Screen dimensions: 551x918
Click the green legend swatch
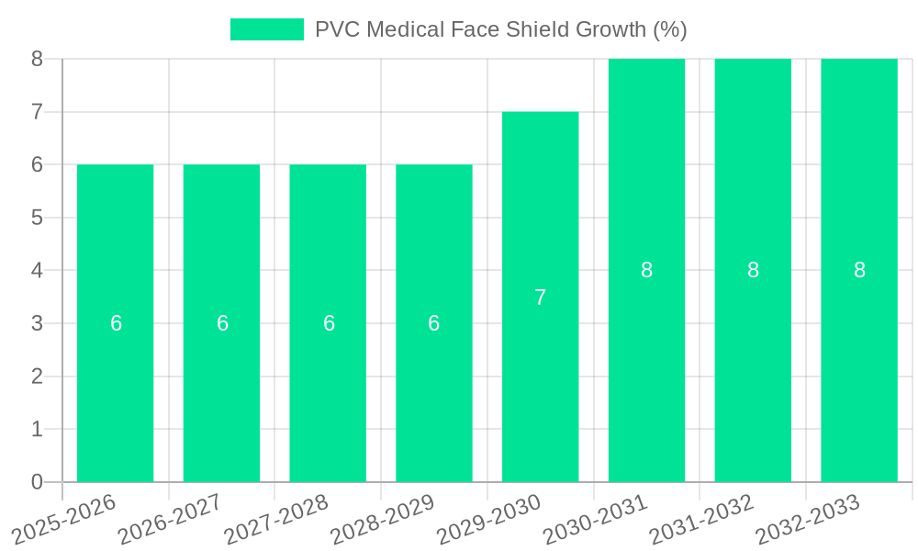[x=266, y=29]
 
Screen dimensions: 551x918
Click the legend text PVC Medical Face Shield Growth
[x=500, y=29]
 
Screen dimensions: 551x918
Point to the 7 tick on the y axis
[x=37, y=112]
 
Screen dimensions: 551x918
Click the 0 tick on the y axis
[x=37, y=482]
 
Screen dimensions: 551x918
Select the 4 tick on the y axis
[x=37, y=271]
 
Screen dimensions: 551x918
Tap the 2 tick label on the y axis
[x=37, y=377]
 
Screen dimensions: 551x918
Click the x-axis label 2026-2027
[x=170, y=519]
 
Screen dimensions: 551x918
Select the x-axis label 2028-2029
[x=382, y=519]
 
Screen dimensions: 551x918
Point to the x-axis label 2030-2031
[x=595, y=519]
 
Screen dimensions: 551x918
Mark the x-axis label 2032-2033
[x=808, y=519]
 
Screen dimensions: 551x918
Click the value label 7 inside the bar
[x=540, y=298]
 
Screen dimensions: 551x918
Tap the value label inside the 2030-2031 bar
[x=646, y=270]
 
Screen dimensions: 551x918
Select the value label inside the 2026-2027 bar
[x=222, y=323]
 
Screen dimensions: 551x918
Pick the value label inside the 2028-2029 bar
[x=433, y=323]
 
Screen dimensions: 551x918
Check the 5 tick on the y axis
[x=37, y=218]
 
